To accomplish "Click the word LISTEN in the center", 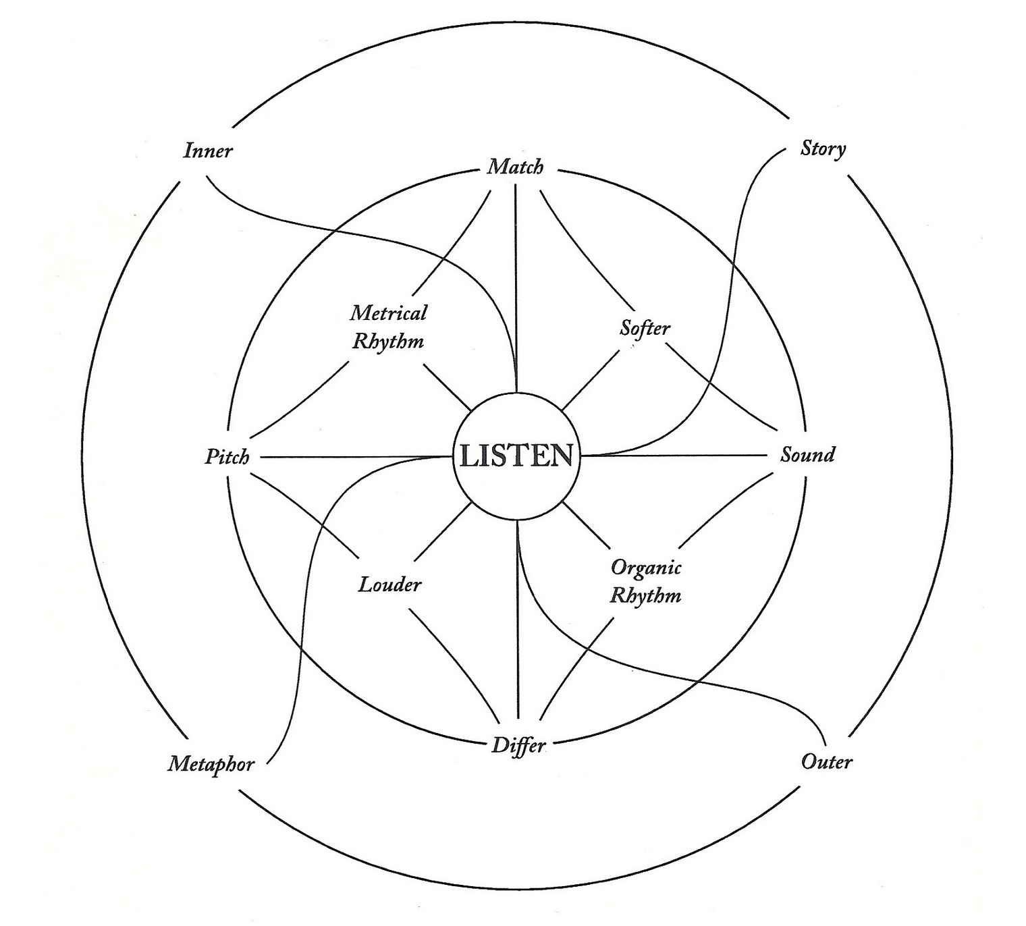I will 516,456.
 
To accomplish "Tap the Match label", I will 515,166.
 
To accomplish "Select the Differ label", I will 518,745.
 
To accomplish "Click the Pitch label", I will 227,457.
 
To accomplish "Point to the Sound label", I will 807,454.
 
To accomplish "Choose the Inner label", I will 207,150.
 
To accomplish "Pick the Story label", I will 823,148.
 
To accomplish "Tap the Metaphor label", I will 211,764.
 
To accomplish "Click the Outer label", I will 826,762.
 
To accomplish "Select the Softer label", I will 645,329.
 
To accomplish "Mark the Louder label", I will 389,584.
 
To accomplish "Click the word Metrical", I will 389,313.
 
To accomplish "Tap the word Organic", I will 646,567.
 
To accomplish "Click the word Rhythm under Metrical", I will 388,341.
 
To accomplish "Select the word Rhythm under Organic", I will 646,596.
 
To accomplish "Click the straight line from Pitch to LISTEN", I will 351,457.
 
